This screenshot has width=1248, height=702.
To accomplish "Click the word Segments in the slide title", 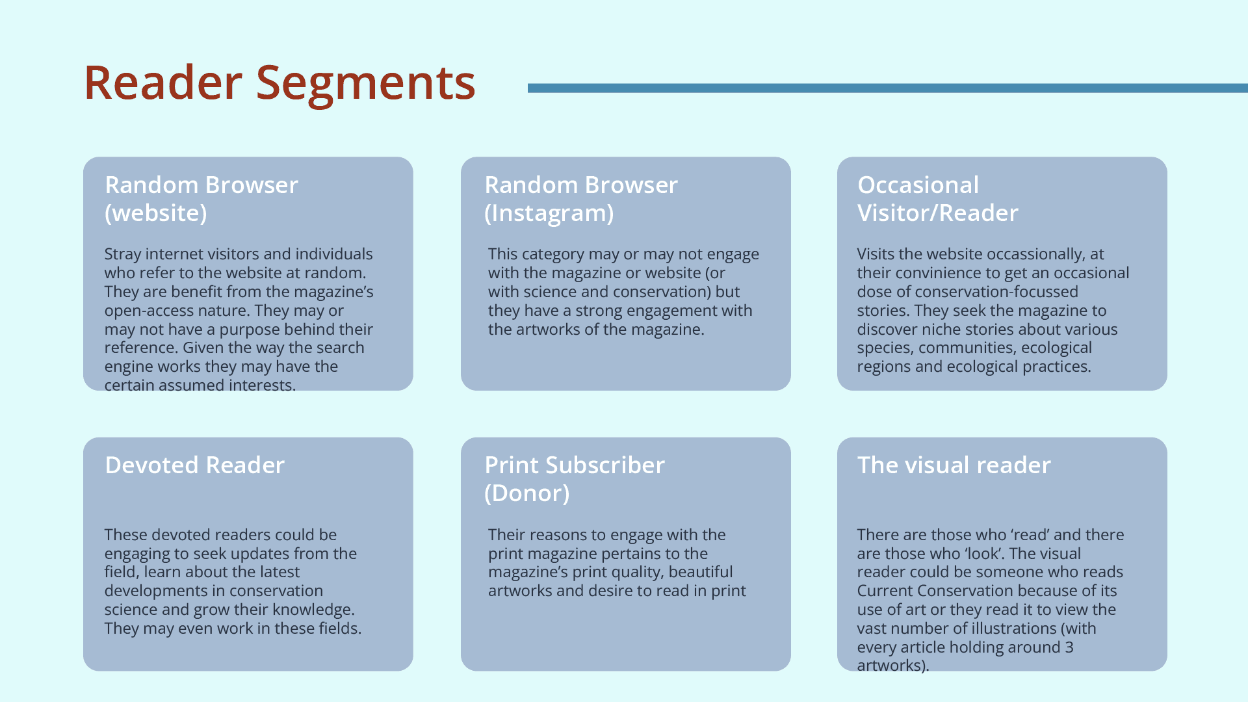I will point(365,83).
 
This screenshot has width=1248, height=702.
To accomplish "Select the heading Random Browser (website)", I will point(201,199).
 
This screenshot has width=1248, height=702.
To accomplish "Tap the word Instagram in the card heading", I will point(549,213).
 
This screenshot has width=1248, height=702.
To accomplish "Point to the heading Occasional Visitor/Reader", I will point(937,199).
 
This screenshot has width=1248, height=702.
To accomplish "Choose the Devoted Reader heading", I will point(194,465).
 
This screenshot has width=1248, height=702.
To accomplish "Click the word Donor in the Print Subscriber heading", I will point(527,493).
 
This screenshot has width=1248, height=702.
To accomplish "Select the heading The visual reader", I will point(954,465).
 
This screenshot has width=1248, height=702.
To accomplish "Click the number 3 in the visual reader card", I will point(1069,647).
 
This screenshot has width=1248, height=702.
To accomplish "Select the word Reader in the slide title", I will point(162,83).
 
